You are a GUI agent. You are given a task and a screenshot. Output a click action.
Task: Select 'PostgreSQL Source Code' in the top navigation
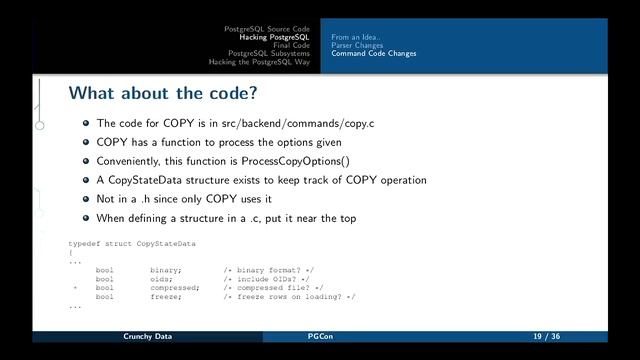click(x=267, y=28)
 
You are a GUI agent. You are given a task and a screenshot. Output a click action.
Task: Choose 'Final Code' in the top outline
click(x=291, y=45)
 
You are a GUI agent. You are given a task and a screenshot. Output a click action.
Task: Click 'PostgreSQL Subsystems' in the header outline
click(x=269, y=53)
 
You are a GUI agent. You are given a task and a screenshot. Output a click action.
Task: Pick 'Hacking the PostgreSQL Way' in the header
click(x=260, y=62)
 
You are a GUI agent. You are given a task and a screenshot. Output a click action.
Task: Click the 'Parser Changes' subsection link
click(x=357, y=45)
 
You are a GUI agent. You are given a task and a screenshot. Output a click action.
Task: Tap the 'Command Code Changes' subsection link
click(x=374, y=53)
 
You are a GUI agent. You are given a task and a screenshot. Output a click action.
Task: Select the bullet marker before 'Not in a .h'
click(x=87, y=199)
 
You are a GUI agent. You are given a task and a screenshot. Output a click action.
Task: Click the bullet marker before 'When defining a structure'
click(x=87, y=218)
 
